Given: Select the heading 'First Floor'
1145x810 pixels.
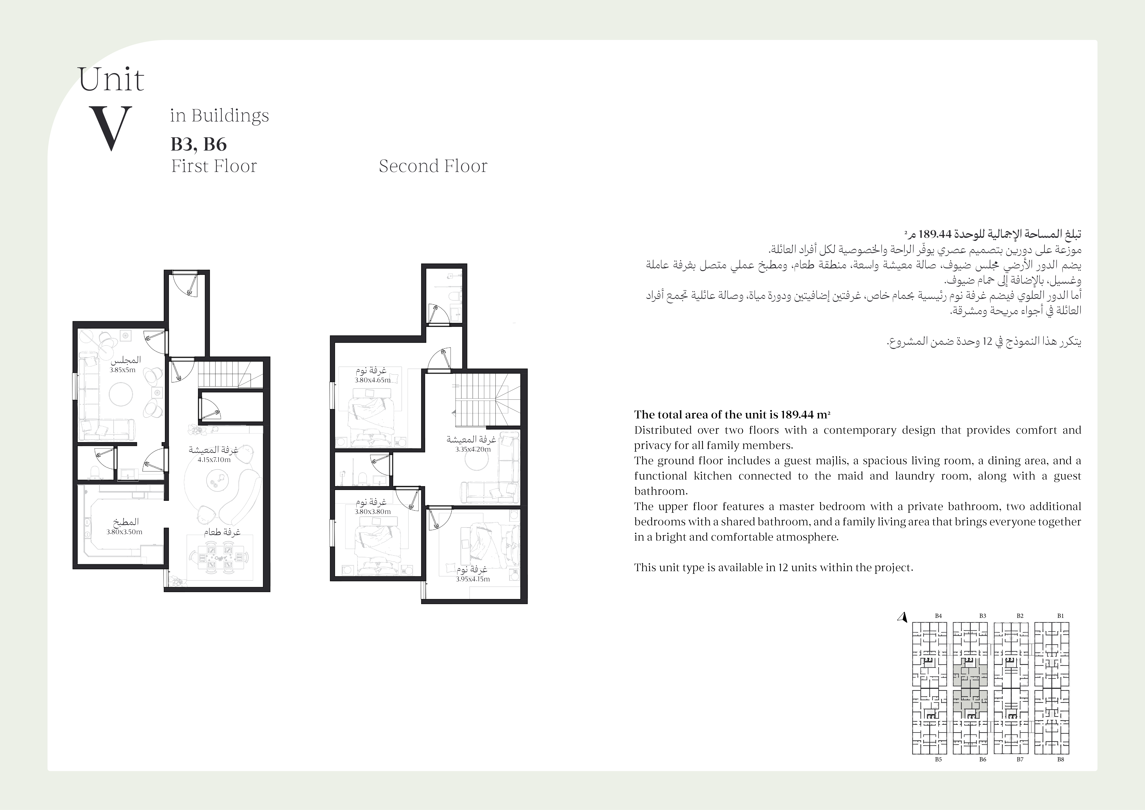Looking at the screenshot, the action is pos(214,166).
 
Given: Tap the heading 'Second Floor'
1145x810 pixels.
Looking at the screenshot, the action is pos(433,166).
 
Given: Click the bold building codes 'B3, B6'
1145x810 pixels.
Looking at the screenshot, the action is pos(198,144).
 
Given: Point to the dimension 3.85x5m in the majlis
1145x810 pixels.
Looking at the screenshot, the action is pos(123,370).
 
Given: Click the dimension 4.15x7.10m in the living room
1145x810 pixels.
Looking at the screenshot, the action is pos(214,460).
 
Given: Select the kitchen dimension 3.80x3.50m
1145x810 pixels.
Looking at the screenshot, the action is pos(124,532).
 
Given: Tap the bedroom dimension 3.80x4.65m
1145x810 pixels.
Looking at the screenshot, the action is pos(373,380).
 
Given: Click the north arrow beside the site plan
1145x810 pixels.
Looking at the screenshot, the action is pos(902,617).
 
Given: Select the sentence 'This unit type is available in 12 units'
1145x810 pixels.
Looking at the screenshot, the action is pos(774,568).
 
